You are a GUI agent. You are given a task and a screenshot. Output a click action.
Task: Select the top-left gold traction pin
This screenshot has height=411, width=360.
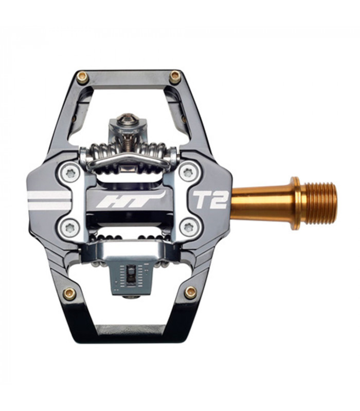[x=82, y=78]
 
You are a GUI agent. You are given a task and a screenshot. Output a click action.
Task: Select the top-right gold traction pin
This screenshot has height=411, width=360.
[x=175, y=78]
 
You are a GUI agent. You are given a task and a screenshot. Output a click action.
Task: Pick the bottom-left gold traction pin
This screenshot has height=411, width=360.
[x=69, y=293]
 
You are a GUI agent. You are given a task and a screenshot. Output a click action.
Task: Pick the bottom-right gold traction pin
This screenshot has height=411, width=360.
[x=190, y=292]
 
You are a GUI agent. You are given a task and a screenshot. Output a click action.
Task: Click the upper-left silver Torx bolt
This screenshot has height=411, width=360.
[x=70, y=173]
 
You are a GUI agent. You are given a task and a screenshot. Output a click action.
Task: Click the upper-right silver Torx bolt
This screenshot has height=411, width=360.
[x=189, y=172]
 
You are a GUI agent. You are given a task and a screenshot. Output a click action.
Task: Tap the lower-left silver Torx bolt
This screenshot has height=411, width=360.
[x=70, y=227]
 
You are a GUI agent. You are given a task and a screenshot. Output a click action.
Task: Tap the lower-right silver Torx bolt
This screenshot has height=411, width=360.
[x=189, y=227]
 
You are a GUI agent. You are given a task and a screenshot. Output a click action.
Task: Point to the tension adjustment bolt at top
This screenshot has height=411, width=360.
[x=127, y=121]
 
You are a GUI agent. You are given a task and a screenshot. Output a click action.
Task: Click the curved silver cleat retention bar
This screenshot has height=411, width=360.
[x=129, y=160]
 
